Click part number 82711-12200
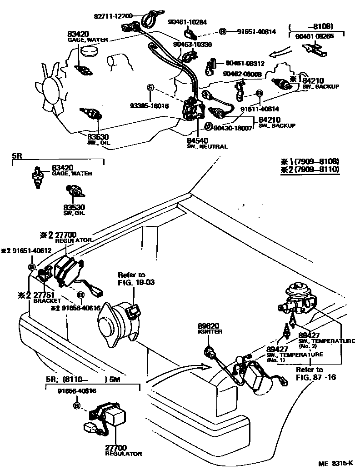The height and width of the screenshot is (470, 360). (113, 16)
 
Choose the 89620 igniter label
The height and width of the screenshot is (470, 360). (210, 329)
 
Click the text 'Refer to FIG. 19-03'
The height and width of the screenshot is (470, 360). (132, 278)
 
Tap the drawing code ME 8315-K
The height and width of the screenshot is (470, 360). (335, 463)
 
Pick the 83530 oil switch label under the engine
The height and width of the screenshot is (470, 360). (98, 138)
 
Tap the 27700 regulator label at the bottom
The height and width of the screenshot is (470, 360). (117, 450)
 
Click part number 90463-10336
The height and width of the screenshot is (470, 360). (192, 44)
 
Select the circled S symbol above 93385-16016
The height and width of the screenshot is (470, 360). (150, 87)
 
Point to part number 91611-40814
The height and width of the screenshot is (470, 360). (260, 109)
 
